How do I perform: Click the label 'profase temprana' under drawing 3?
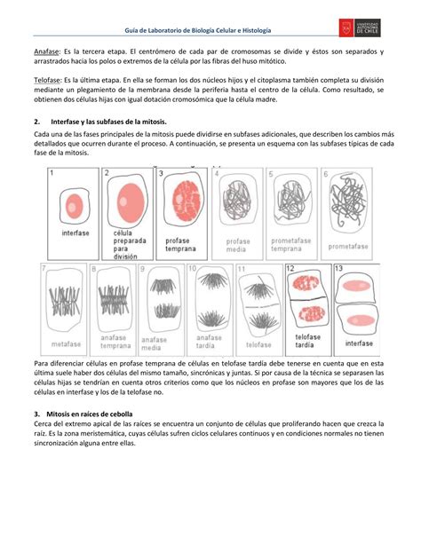point(179,244)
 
